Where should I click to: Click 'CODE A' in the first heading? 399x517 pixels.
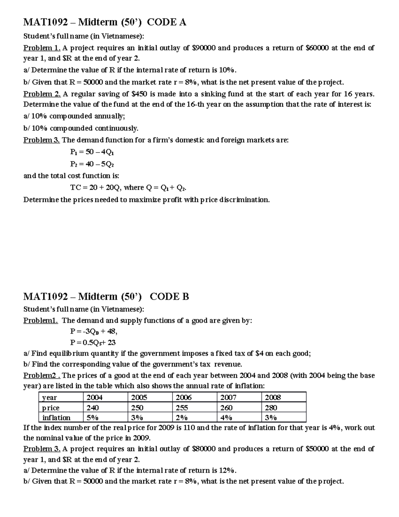pos(167,22)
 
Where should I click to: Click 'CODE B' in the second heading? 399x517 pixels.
pos(169,297)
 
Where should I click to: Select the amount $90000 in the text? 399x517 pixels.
pos(204,48)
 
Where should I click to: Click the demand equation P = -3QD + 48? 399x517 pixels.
pos(93,332)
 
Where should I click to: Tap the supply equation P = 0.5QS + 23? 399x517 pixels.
pos(93,343)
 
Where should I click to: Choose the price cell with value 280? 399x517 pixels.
pos(271,408)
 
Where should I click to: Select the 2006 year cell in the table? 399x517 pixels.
pos(184,397)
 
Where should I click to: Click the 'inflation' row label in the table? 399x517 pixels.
pos(57,418)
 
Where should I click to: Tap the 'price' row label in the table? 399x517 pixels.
pos(51,408)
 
